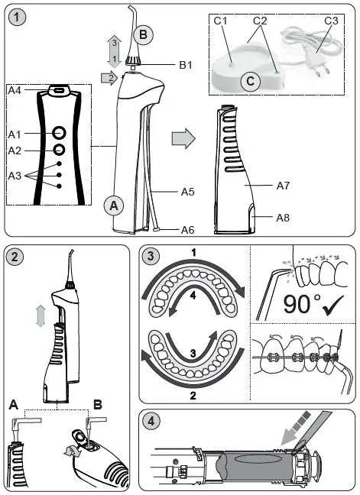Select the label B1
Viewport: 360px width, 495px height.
click(185, 66)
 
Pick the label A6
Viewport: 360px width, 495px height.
click(187, 229)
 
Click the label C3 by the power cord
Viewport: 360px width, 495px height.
click(331, 21)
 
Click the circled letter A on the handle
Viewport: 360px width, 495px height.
click(113, 205)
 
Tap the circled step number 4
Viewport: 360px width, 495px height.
click(153, 422)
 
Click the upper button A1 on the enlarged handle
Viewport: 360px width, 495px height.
click(58, 133)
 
